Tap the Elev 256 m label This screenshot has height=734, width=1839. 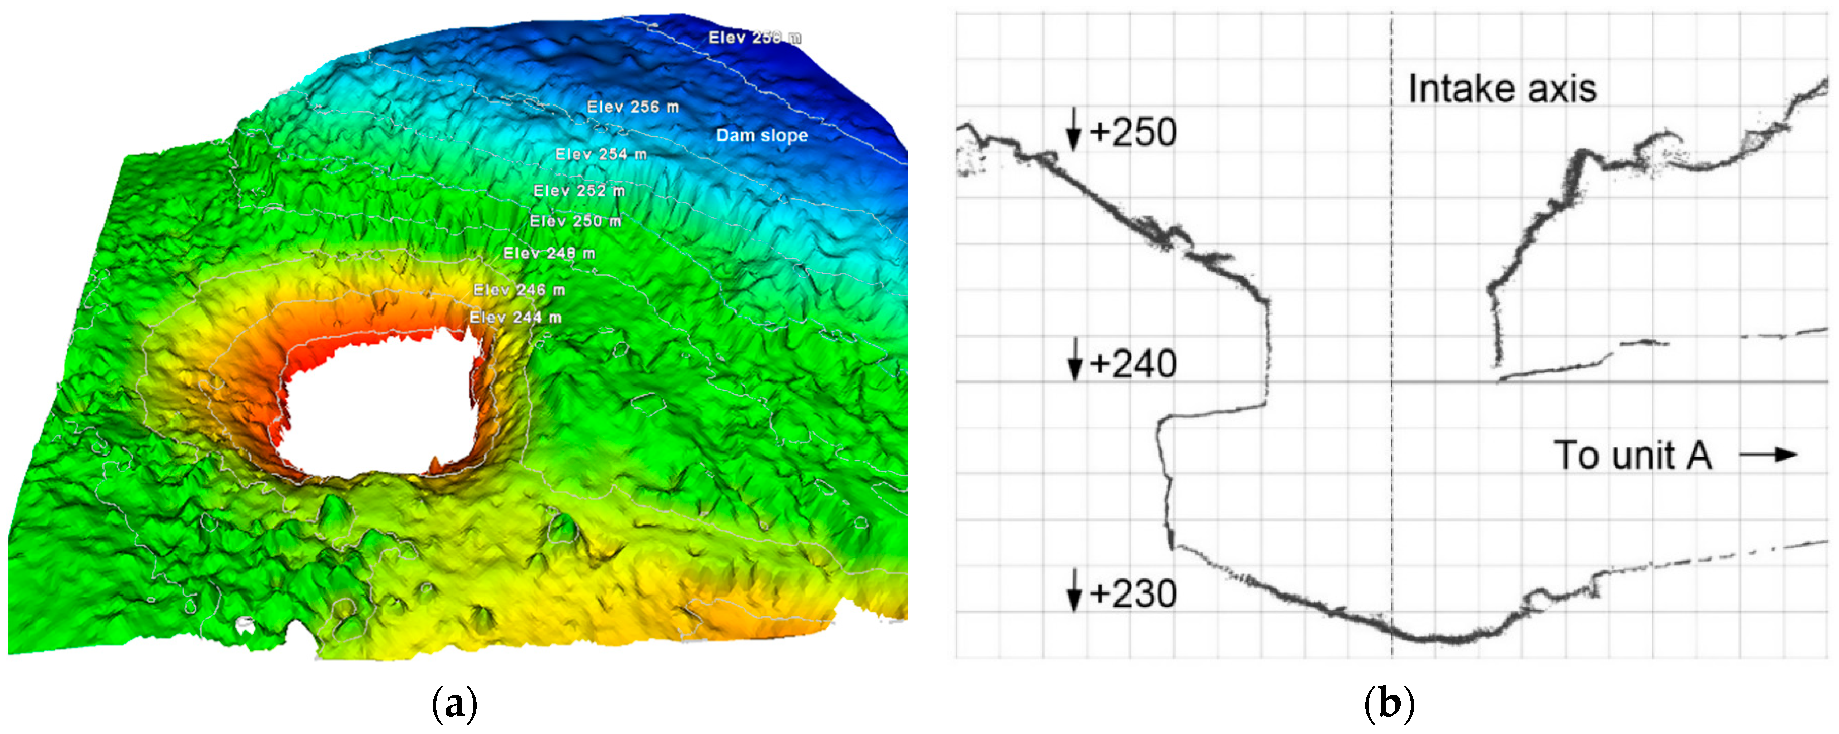pos(633,107)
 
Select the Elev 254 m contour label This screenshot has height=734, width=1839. pos(601,154)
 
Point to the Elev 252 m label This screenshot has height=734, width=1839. pos(579,191)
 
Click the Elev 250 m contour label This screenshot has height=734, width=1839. pos(575,221)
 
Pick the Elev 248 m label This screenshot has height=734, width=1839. pos(549,253)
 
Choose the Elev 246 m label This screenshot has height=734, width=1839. pos(519,290)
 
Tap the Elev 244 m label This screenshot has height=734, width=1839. pos(515,317)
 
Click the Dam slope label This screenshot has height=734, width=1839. pos(762,135)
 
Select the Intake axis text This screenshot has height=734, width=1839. pos(1502,89)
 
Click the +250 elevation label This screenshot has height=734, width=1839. pos(1133,133)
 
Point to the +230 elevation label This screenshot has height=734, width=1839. pos(1133,593)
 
